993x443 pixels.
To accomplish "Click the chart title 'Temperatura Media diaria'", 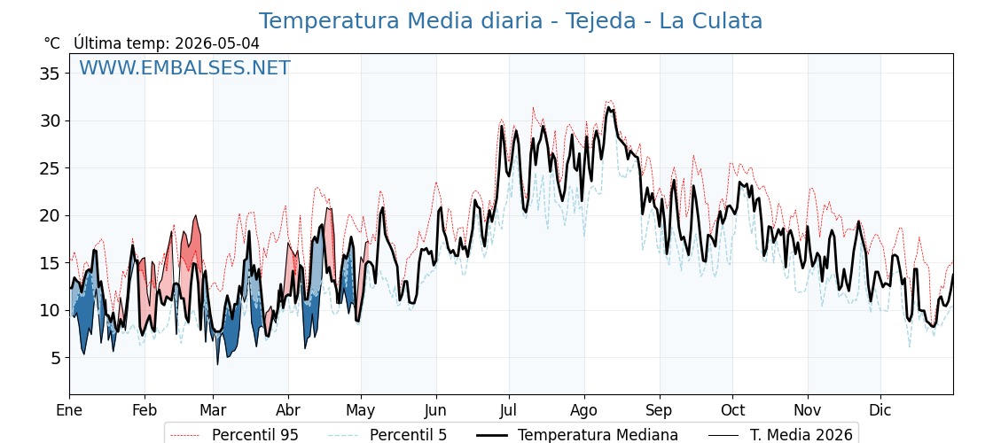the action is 400,21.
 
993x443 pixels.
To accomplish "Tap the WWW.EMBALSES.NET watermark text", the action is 184,67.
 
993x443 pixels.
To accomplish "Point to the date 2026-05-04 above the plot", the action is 217,43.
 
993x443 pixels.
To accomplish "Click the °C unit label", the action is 52,43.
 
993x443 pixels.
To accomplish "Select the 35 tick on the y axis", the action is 51,74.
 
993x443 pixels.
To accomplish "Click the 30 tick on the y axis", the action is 51,120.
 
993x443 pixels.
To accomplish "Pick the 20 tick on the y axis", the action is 51,216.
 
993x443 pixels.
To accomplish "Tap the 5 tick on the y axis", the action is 56,358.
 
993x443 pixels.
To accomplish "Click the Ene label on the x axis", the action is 70,410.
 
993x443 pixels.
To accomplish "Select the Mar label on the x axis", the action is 214,410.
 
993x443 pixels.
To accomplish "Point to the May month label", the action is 362,410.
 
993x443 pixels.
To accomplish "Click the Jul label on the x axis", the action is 510,410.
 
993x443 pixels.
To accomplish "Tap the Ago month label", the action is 584,410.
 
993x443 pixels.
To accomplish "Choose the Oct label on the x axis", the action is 733,410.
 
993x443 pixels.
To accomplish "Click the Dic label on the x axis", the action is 880,410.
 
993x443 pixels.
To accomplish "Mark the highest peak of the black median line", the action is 608,107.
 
